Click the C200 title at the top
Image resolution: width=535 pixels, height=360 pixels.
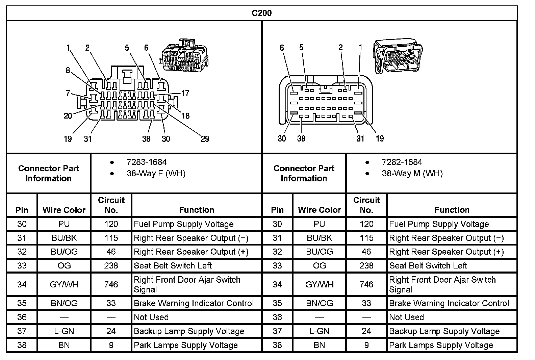click(261, 13)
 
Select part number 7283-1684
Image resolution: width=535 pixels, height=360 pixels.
click(147, 162)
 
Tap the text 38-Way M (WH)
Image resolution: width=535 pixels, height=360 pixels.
click(412, 174)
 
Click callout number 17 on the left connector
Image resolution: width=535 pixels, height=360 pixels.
click(185, 93)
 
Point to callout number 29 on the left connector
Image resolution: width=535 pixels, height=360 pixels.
click(205, 139)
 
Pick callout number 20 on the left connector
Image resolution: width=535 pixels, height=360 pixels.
click(68, 116)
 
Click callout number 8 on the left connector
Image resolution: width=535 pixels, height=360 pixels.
click(68, 70)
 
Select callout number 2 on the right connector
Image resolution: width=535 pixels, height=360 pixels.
click(340, 48)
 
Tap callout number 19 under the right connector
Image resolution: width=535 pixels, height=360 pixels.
click(380, 138)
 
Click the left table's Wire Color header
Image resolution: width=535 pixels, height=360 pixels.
click(64, 210)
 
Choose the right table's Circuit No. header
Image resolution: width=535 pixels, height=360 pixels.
click(366, 205)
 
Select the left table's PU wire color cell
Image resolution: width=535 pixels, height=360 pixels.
click(64, 224)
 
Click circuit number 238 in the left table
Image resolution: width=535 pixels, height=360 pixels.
click(111, 266)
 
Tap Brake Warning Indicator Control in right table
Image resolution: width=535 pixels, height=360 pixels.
click(449, 303)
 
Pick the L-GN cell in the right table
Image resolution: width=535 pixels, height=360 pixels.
click(319, 331)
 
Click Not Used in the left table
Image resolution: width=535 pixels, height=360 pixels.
click(151, 317)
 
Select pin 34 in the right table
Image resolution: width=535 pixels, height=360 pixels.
click(277, 285)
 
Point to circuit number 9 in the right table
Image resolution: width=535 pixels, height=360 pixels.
click(366, 345)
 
